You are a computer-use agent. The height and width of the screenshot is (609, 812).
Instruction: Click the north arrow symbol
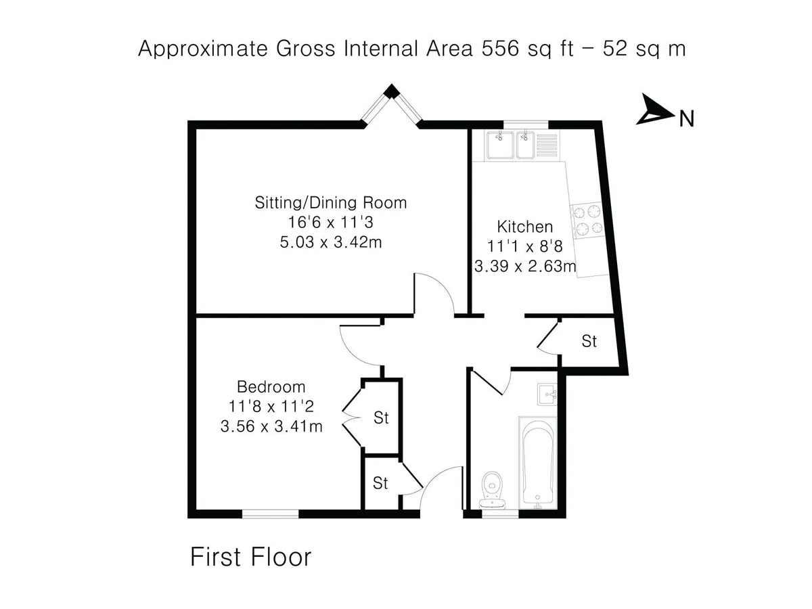pos(652,111)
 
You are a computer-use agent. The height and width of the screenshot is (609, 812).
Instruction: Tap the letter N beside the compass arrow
pos(686,119)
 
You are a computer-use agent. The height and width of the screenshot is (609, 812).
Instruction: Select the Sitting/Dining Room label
pos(331,202)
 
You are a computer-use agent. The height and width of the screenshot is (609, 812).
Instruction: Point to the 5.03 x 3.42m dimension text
pos(331,242)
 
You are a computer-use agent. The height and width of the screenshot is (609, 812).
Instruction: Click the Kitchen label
pos(524,227)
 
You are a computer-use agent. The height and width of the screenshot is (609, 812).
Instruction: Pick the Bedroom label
pos(271,387)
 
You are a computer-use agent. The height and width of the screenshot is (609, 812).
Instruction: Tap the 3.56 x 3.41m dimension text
pos(271,426)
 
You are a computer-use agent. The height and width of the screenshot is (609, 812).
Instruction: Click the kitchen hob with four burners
pos(587,221)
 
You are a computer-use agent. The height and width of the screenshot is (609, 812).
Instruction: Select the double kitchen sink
pos(522,145)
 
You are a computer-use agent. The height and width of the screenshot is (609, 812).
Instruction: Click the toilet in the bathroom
pos(493,489)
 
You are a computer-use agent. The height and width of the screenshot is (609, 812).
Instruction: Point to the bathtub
pos(537,462)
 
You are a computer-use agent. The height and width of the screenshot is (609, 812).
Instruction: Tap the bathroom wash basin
pos(547,394)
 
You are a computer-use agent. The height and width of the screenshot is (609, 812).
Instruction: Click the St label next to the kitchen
pos(589,341)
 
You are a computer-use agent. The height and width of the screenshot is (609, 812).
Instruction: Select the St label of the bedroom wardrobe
pos(381,418)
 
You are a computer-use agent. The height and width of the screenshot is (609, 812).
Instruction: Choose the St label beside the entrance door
pos(380,483)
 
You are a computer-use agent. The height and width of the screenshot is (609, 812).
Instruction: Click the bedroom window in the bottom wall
pos(271,514)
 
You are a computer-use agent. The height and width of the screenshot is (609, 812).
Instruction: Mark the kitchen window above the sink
pos(526,125)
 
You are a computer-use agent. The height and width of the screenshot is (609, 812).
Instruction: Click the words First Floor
pos(251,557)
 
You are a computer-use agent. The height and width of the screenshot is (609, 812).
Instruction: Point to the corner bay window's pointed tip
pos(391,85)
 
